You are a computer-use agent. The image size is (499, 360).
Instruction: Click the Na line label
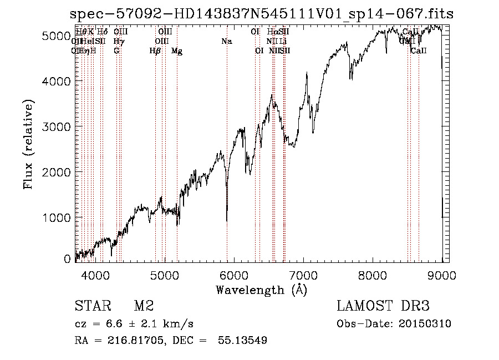click(x=226, y=41)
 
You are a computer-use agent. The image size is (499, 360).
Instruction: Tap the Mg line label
click(x=177, y=51)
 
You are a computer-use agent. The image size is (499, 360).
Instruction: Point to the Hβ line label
click(x=155, y=51)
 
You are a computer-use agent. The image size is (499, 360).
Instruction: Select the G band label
click(x=116, y=51)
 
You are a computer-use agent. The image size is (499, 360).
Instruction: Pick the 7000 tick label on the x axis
click(x=303, y=275)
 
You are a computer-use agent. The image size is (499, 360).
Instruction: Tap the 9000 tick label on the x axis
click(x=442, y=275)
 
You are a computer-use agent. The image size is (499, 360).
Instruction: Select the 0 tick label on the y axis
click(x=67, y=258)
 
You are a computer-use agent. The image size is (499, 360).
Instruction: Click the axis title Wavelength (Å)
click(x=261, y=290)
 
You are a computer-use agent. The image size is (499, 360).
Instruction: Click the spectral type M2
click(x=143, y=306)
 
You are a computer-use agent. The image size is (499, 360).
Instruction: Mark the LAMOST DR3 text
click(x=383, y=306)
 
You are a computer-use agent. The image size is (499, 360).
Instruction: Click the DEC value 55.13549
click(x=244, y=341)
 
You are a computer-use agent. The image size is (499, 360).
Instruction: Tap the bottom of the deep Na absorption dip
click(x=227, y=220)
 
